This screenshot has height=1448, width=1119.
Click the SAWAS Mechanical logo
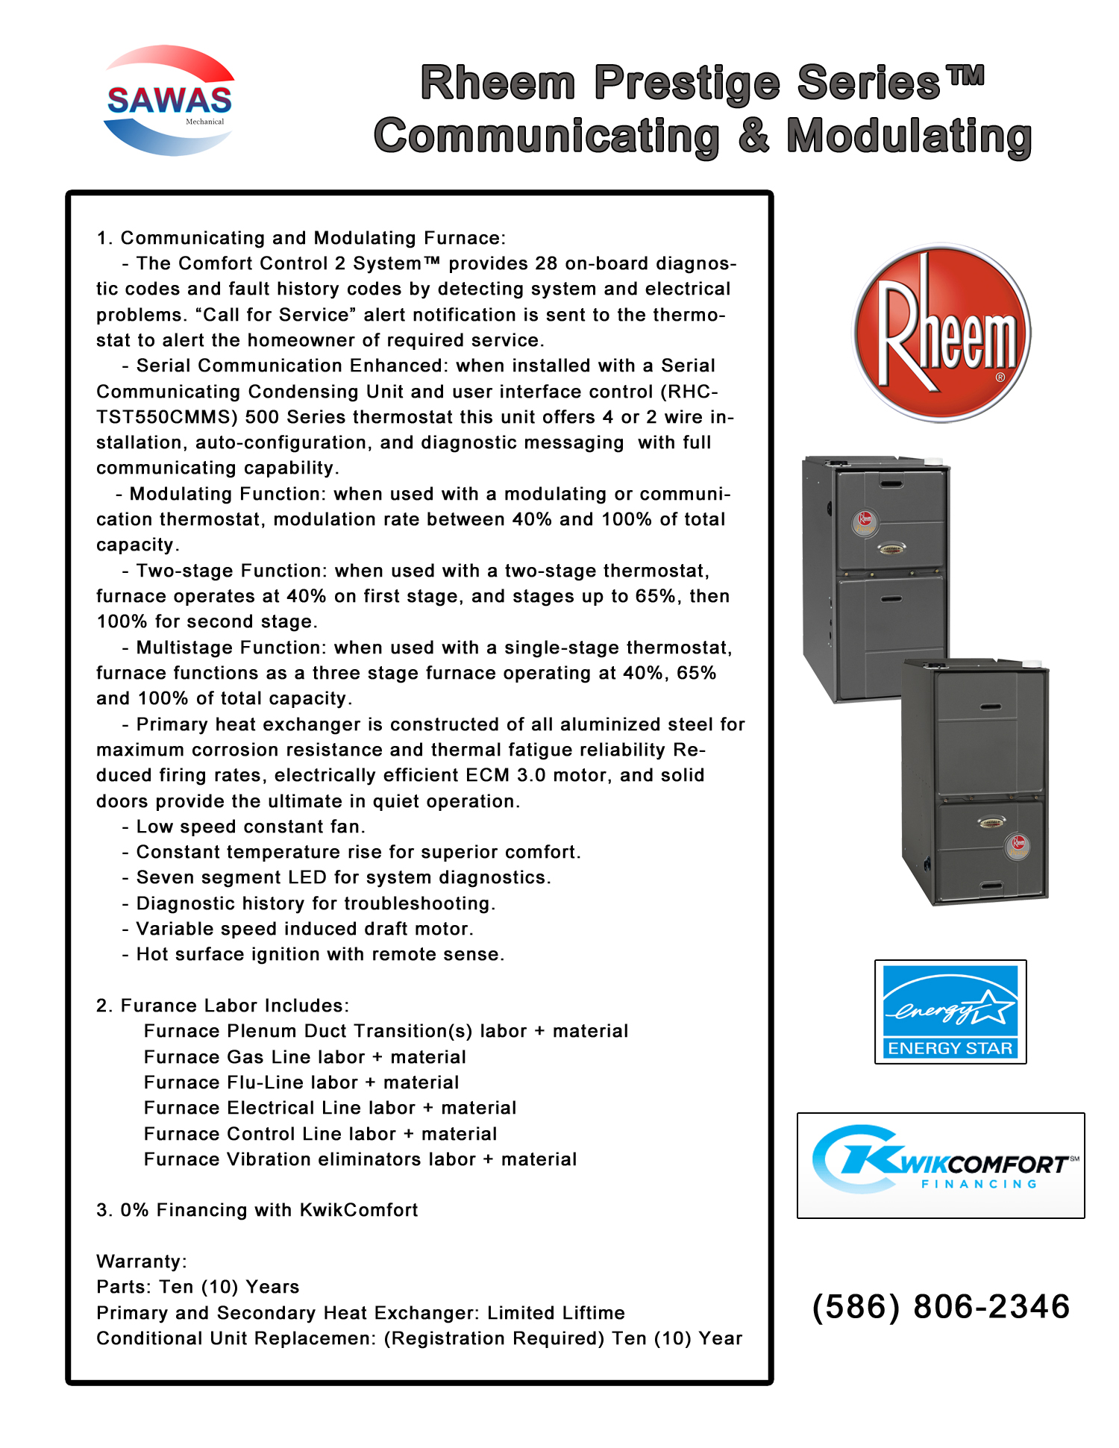(x=169, y=101)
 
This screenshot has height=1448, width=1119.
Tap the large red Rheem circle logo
(x=941, y=333)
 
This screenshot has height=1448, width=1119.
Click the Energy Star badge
(x=950, y=1012)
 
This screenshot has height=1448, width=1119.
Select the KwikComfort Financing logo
(x=941, y=1165)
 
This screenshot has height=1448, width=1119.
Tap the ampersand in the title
(x=753, y=137)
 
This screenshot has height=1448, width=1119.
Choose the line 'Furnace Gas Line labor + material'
(x=304, y=1057)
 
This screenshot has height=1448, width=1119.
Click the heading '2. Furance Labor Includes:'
(x=222, y=1006)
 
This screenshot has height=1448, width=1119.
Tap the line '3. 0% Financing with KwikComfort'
(x=257, y=1210)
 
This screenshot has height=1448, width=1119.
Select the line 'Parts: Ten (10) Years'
(x=198, y=1287)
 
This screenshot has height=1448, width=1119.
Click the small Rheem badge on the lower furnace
(x=1018, y=845)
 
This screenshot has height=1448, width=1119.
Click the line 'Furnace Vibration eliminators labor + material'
(x=360, y=1159)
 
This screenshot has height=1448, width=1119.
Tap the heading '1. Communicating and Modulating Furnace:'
(x=301, y=238)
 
